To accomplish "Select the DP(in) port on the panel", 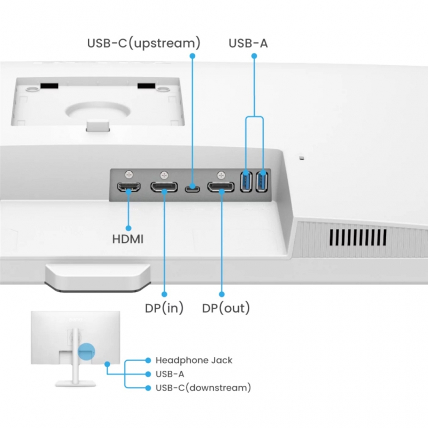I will [163, 187].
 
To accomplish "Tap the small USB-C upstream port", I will [192, 188].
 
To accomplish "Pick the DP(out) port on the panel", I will [221, 187].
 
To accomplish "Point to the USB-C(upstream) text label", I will [144, 43].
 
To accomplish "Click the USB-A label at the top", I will [248, 43].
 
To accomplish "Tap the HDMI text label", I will [128, 239].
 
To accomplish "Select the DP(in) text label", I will [164, 309].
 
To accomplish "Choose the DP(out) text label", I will [226, 309].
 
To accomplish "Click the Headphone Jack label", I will [194, 361].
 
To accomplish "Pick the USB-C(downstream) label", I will [203, 387].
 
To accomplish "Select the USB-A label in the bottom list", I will [170, 374].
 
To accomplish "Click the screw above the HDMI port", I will [128, 174].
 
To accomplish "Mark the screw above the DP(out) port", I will [221, 174].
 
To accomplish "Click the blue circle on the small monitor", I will [86, 351].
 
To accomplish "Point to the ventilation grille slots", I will [357, 236].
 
